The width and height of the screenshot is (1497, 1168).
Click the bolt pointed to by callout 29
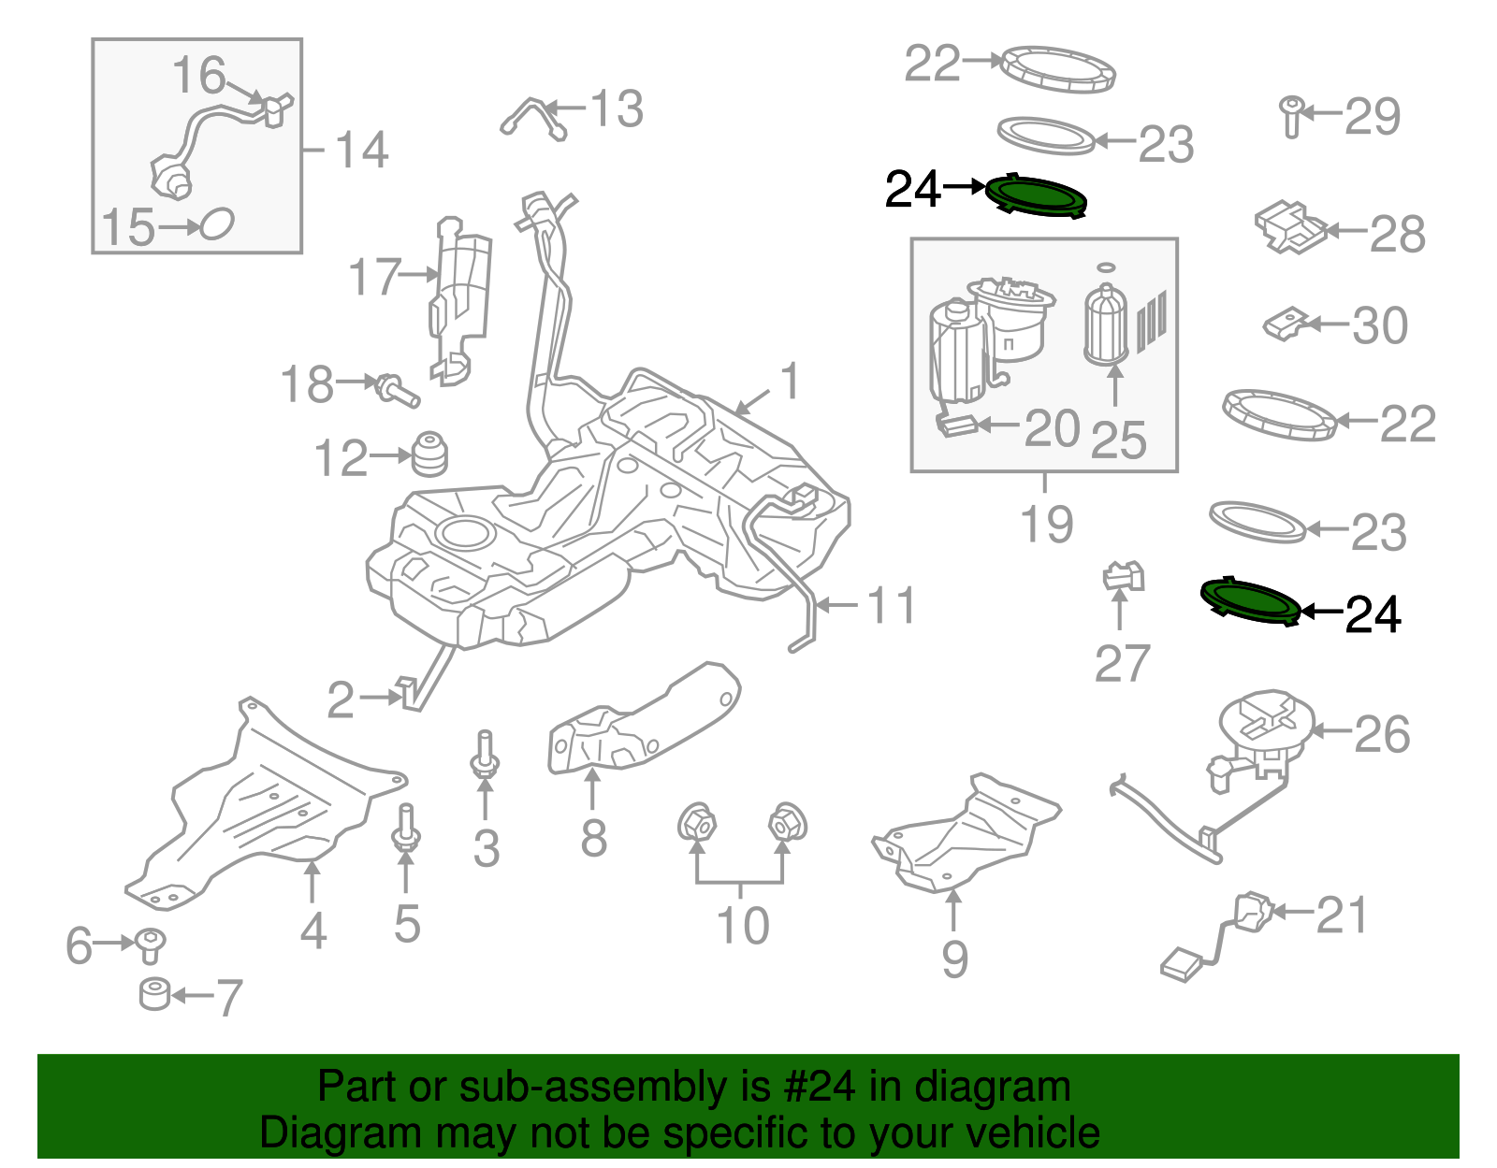coord(1292,116)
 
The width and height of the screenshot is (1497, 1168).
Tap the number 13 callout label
coord(617,109)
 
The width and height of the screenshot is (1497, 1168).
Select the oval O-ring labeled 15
coord(217,224)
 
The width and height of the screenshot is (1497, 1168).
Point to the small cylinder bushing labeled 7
coord(154,994)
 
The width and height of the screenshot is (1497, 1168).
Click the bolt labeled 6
coord(150,944)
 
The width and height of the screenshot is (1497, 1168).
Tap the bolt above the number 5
coord(406,828)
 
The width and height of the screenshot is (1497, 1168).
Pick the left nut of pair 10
coord(696,824)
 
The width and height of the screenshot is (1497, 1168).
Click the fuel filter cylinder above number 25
coord(1106,324)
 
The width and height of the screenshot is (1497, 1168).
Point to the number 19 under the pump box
coord(1046,525)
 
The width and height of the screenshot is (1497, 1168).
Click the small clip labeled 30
coord(1286,324)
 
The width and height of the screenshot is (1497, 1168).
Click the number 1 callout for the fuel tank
coord(791,382)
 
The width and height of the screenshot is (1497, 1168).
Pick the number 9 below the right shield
coord(954,959)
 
